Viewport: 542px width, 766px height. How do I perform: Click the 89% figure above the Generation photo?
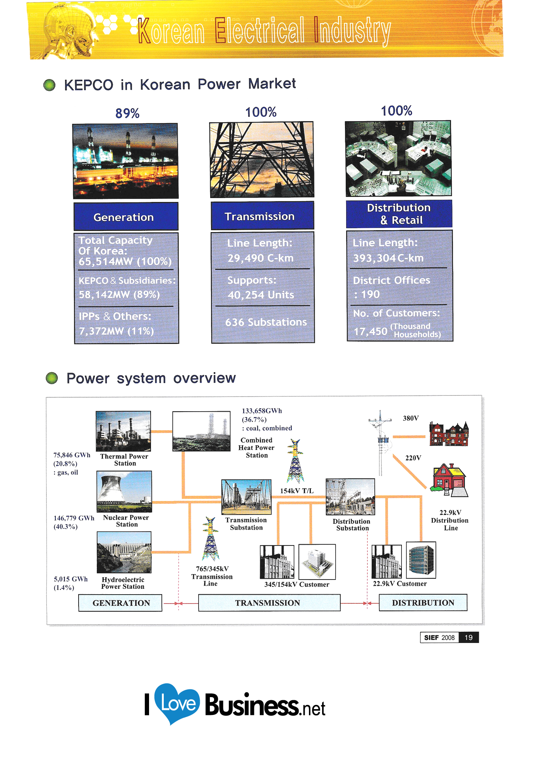pos(127,113)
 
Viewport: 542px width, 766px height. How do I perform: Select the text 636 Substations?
pos(266,322)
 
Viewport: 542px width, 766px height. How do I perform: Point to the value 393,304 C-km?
pos(388,258)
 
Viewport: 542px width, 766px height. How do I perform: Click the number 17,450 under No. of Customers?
pos(370,332)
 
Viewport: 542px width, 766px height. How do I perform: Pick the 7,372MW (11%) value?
pos(117,331)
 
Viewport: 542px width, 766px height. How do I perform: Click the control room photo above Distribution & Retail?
pos(398,158)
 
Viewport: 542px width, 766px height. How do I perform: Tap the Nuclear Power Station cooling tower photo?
pos(124,491)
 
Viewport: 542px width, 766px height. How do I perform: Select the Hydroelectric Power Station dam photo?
pos(124,552)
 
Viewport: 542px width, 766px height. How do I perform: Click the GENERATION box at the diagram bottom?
pos(120,603)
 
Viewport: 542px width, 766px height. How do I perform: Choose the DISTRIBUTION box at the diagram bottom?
pos(423,603)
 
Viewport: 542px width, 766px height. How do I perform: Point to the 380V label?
pos(411,418)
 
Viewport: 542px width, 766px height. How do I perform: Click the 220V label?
pos(413,458)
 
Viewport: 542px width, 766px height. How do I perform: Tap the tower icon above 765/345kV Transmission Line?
pos(211,539)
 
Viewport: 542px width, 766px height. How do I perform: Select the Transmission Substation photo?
pos(246,497)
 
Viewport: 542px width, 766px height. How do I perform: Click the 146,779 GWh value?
pos(74,518)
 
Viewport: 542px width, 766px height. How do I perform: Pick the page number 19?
pos(468,637)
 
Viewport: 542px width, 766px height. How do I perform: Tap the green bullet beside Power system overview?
pos(51,378)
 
